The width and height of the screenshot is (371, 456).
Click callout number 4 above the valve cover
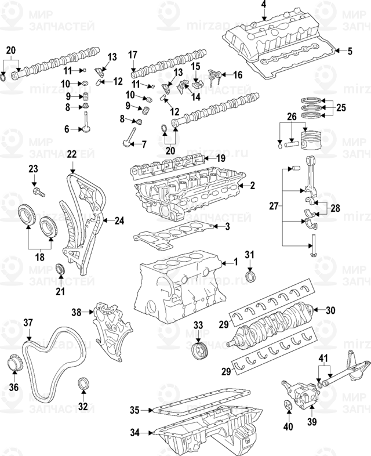(263, 5)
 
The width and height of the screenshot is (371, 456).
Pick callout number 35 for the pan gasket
(134, 410)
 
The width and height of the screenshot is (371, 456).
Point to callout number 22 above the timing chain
(71, 154)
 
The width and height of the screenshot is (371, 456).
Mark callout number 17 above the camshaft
(132, 56)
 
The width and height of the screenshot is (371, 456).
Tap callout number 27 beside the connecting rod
(274, 205)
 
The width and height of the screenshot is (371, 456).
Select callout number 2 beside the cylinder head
(252, 186)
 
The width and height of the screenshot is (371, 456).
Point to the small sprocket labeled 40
(289, 407)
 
